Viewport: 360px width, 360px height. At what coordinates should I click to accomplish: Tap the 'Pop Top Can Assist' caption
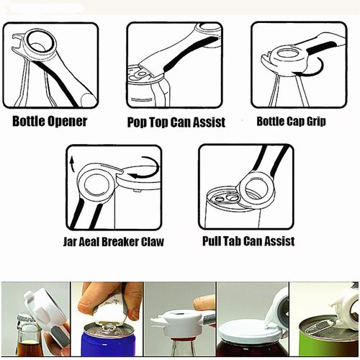(x=176, y=122)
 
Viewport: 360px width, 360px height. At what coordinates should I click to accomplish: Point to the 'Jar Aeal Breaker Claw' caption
(x=113, y=241)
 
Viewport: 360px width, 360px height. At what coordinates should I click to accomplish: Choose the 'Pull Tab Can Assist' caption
(x=249, y=240)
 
